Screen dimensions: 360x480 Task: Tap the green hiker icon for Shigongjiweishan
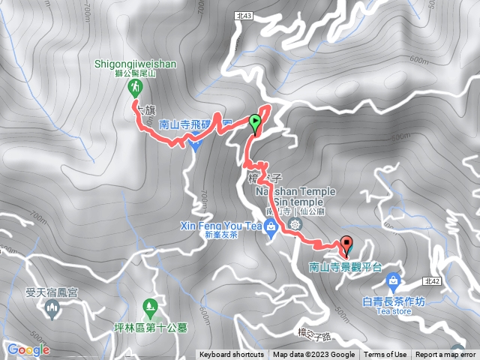tap(136, 88)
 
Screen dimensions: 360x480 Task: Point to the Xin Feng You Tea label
tap(220, 226)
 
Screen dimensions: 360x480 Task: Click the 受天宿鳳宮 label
tap(51, 294)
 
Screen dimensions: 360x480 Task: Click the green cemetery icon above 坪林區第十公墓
tap(148, 307)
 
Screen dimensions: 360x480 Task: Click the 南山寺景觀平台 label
tap(345, 267)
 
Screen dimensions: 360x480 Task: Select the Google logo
tap(28, 349)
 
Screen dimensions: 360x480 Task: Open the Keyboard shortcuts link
tap(232, 355)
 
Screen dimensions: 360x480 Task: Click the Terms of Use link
tap(385, 355)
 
